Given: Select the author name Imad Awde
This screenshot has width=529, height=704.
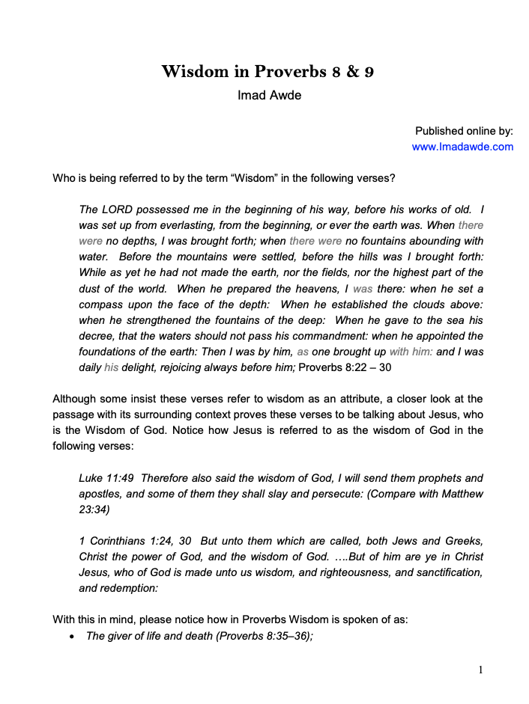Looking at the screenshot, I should (269, 95).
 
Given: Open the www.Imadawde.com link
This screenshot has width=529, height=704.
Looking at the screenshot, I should (462, 147).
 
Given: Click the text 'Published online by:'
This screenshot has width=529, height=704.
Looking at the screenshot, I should (464, 130).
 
